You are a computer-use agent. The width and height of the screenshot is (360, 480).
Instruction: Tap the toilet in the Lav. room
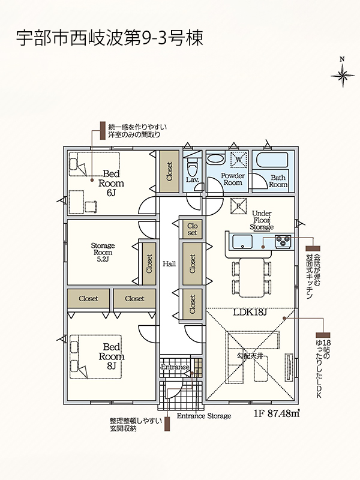tap(193, 166)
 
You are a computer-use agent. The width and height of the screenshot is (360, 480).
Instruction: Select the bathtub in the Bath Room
tap(272, 160)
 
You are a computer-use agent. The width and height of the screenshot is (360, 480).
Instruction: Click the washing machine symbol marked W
tap(239, 160)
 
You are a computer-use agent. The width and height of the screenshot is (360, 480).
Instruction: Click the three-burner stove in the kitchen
tap(283, 241)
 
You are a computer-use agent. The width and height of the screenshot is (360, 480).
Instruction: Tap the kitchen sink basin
tap(242, 242)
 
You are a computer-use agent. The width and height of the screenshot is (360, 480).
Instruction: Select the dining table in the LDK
tap(251, 277)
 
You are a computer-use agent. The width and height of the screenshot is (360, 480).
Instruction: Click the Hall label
tap(169, 263)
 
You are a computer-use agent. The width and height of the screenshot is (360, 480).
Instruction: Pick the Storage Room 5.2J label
tap(103, 252)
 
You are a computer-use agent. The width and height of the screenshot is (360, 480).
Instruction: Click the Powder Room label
tap(233, 179)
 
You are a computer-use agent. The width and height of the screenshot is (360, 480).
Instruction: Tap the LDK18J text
tap(250, 312)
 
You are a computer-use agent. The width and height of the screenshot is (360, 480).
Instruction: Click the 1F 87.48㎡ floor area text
tap(277, 413)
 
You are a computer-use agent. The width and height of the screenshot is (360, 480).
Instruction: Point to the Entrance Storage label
tap(204, 416)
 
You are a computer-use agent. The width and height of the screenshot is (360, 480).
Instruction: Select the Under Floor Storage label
tap(262, 220)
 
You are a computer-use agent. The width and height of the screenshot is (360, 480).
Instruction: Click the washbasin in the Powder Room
tap(215, 160)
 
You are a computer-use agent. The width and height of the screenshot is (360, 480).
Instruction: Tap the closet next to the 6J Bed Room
tap(169, 171)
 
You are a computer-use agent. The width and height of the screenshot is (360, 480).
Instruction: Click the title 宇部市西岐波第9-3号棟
tap(110, 38)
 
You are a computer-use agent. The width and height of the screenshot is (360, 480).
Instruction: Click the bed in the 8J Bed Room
tap(95, 356)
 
